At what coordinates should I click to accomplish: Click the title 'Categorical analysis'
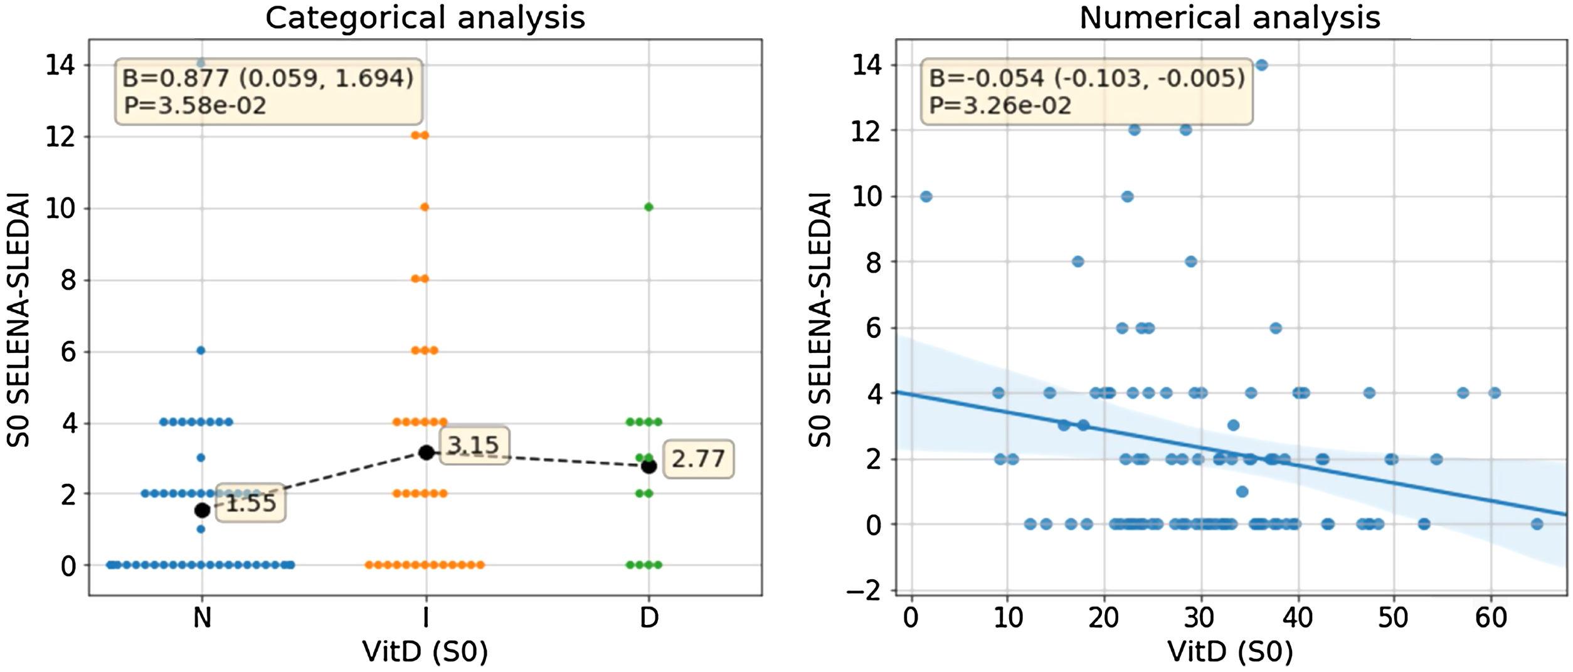(425, 18)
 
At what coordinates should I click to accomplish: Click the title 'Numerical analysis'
(1229, 18)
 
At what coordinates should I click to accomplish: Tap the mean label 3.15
(474, 446)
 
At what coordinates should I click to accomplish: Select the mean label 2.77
(697, 459)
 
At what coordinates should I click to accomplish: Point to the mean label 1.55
(250, 503)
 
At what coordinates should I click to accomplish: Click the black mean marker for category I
(426, 452)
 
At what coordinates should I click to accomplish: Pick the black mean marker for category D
(649, 466)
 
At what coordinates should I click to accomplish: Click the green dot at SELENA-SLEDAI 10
(649, 207)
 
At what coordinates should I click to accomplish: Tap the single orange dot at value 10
(425, 207)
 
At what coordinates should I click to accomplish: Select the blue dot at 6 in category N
(201, 350)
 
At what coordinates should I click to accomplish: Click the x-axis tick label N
(201, 618)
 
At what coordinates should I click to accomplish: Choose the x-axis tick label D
(649, 618)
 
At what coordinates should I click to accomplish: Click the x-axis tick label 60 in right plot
(1490, 618)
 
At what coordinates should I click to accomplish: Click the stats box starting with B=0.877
(268, 92)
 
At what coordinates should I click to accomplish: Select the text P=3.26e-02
(1000, 105)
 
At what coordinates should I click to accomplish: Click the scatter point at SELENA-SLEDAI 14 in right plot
(1262, 65)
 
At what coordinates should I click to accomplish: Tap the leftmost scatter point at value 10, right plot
(926, 196)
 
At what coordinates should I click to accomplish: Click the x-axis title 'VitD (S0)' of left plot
(425, 653)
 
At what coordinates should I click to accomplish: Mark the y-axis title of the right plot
(820, 320)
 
